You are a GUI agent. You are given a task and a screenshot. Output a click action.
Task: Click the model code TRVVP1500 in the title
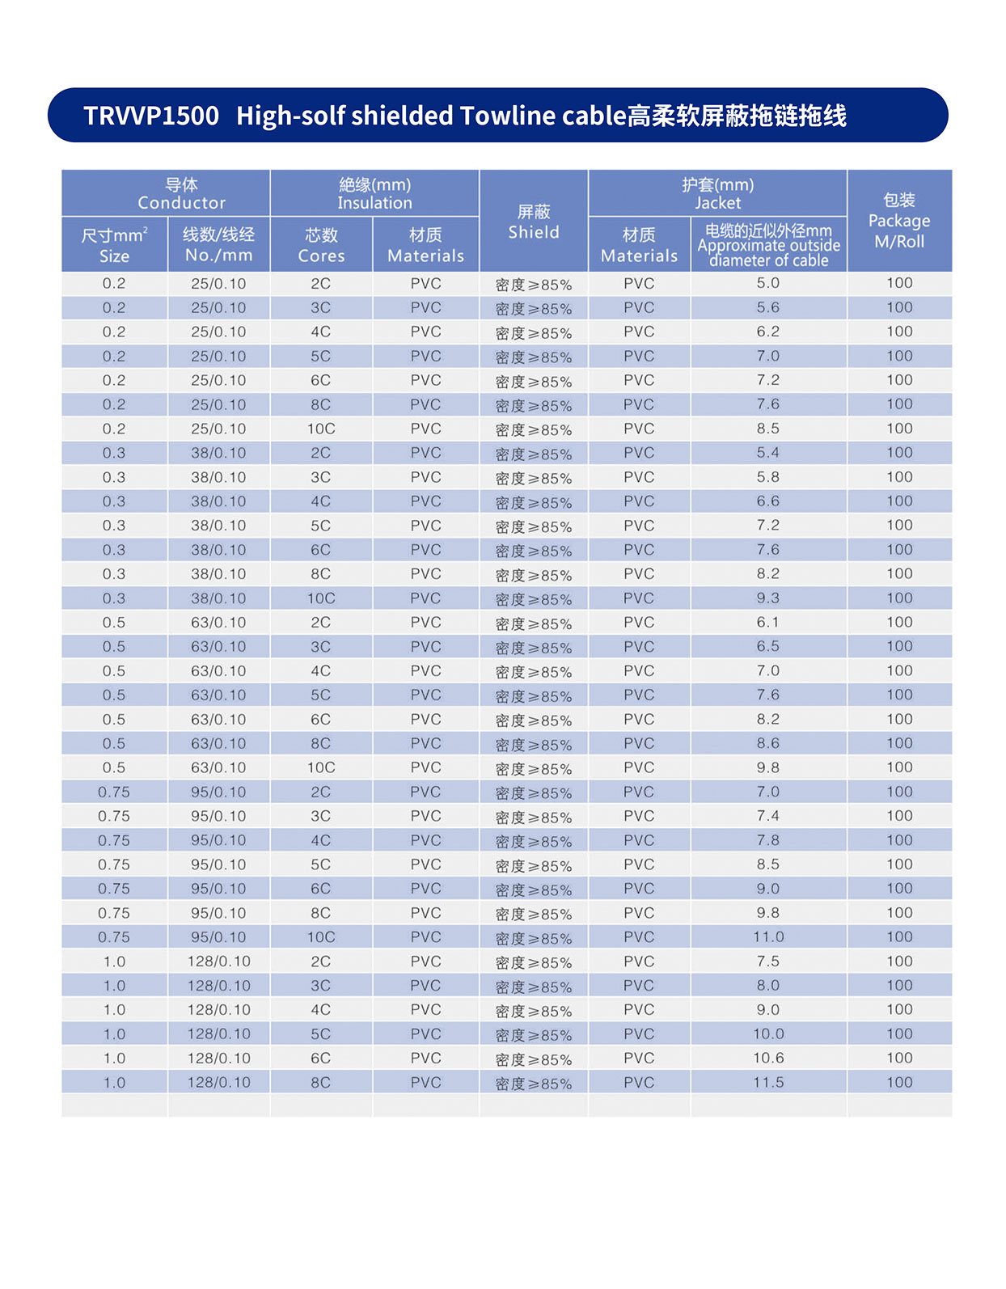tap(151, 116)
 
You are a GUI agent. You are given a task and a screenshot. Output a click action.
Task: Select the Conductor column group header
tap(181, 193)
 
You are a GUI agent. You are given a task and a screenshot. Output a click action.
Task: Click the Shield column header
tap(533, 222)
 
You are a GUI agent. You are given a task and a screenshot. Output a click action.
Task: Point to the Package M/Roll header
tap(898, 221)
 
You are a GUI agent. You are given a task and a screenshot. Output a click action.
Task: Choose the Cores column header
tap(321, 245)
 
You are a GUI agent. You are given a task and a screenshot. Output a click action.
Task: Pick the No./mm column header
tap(218, 245)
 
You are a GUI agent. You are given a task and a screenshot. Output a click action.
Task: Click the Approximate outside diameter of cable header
tap(768, 245)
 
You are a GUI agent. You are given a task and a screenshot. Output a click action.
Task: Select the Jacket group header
tap(717, 193)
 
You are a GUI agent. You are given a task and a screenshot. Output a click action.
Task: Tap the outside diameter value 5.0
tap(768, 283)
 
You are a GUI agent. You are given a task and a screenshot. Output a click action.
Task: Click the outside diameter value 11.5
tap(768, 1082)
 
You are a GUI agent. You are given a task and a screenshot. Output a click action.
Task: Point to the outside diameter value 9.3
tap(768, 598)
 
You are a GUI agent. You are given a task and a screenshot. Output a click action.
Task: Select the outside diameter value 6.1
tap(768, 622)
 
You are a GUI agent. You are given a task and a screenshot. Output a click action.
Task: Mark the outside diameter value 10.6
tap(768, 1058)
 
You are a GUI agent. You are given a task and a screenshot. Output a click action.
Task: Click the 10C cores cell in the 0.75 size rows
tap(321, 936)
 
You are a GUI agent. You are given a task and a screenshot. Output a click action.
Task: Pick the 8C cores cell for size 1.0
tap(321, 1082)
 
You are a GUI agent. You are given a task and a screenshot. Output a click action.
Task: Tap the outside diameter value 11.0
tap(768, 936)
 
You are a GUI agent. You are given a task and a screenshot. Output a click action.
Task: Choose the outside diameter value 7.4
tap(768, 816)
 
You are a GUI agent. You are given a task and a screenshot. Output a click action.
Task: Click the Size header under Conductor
tap(114, 245)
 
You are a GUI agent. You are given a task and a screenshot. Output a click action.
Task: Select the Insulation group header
tap(374, 193)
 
